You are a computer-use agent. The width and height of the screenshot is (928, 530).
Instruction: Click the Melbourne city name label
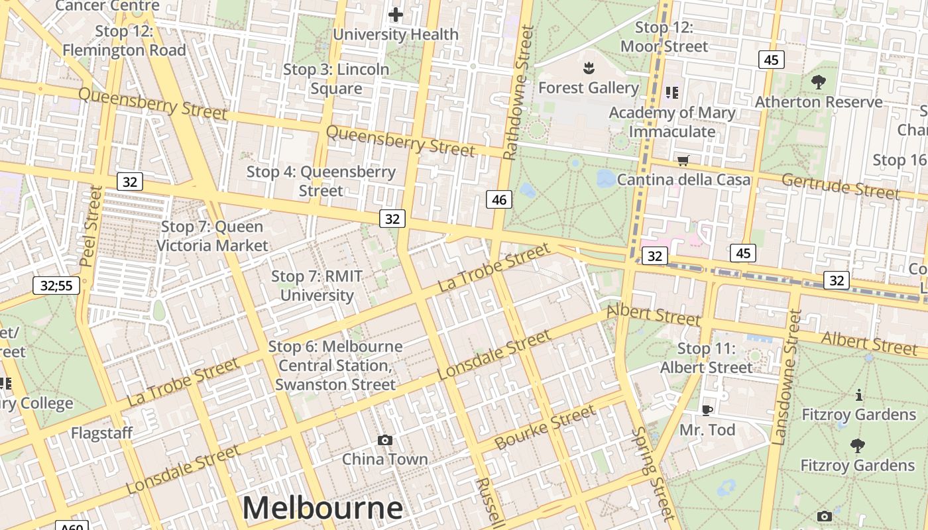(322, 508)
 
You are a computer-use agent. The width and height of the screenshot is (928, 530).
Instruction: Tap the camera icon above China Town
(384, 440)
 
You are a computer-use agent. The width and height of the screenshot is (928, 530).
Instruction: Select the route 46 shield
(499, 199)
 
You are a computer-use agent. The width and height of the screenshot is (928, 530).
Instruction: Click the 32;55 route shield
(56, 286)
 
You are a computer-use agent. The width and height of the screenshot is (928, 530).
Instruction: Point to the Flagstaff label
(102, 433)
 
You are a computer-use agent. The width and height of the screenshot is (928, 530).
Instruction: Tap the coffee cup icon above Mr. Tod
(707, 411)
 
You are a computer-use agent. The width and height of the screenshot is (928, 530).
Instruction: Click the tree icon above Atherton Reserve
(819, 82)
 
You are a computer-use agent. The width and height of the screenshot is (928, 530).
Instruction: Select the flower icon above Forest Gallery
(588, 68)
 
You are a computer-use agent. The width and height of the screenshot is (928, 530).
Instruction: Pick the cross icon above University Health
(396, 15)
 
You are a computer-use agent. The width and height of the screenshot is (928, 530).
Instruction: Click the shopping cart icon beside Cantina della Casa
(683, 160)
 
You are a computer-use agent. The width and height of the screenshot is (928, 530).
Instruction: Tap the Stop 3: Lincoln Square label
(336, 79)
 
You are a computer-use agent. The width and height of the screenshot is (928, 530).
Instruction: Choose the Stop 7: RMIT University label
(317, 286)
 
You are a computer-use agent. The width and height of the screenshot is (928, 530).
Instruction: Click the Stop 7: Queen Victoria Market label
(212, 236)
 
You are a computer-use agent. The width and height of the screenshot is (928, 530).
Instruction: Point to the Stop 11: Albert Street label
(707, 358)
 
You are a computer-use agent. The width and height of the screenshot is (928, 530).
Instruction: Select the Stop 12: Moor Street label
(664, 37)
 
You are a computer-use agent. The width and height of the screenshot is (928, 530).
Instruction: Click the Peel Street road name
(91, 226)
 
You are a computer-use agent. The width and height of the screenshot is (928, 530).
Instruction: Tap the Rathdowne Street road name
(518, 93)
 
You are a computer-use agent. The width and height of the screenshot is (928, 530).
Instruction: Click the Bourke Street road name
(545, 427)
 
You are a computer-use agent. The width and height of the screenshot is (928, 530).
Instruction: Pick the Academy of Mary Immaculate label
(672, 122)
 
